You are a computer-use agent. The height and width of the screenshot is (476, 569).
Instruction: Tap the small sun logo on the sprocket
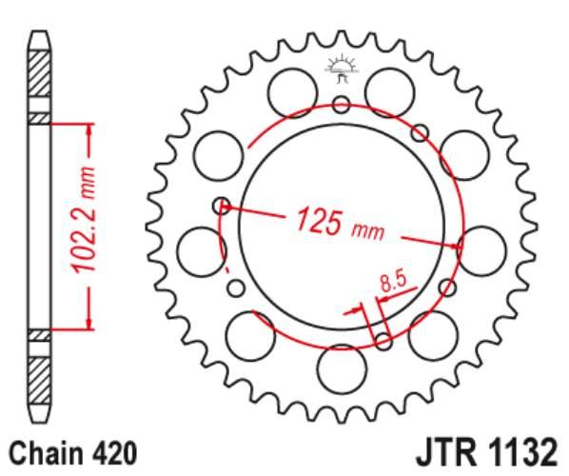coord(341,69)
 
